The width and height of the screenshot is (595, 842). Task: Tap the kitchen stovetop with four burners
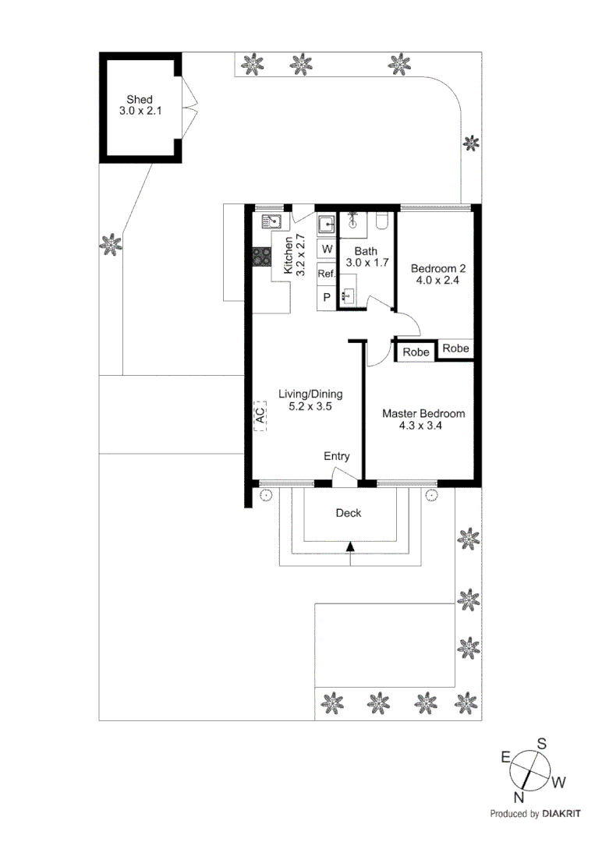260,258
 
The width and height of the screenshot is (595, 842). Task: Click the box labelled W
326,249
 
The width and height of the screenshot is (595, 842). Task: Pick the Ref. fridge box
326,274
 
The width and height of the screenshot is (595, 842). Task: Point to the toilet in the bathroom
381,223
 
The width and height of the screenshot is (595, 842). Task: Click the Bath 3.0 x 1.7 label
366,256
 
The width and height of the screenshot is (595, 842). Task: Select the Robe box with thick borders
416,352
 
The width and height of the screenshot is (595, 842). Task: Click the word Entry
337,457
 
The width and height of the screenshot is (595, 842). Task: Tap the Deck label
349,513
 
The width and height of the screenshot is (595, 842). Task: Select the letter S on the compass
541,744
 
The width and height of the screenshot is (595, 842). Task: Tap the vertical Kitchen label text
289,255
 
